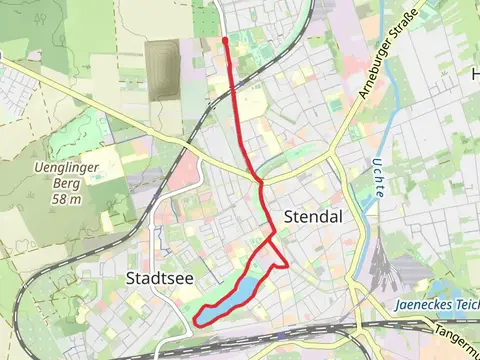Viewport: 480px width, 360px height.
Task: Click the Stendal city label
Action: pyautogui.click(x=313, y=216)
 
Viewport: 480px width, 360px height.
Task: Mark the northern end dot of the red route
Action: pyautogui.click(x=225, y=39)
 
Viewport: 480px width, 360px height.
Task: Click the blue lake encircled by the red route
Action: pyautogui.click(x=234, y=299)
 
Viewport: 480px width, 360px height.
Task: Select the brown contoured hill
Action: pyautogui.click(x=161, y=63)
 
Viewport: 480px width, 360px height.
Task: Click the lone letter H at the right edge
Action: pyautogui.click(x=475, y=73)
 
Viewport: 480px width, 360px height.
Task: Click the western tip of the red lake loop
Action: pyautogui.click(x=196, y=320)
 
